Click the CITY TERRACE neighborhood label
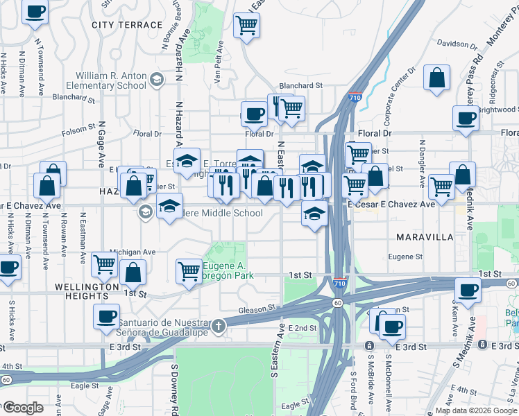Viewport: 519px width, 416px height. coord(127,25)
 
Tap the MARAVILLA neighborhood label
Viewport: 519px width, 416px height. coord(425,237)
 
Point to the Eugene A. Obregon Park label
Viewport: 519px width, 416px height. coord(228,270)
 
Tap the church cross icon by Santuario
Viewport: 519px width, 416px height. coord(219,325)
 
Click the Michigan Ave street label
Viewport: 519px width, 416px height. coord(132,252)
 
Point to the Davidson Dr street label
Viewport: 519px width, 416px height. coord(457,44)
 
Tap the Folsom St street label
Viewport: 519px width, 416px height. coord(78,128)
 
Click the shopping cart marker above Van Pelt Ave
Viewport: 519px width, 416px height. coord(247,26)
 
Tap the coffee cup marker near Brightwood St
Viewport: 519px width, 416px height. coord(466,118)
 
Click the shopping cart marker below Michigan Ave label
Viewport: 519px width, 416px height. coord(104,263)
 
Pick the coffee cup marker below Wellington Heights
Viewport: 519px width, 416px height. coord(107,316)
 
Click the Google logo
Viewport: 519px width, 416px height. coord(24,407)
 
